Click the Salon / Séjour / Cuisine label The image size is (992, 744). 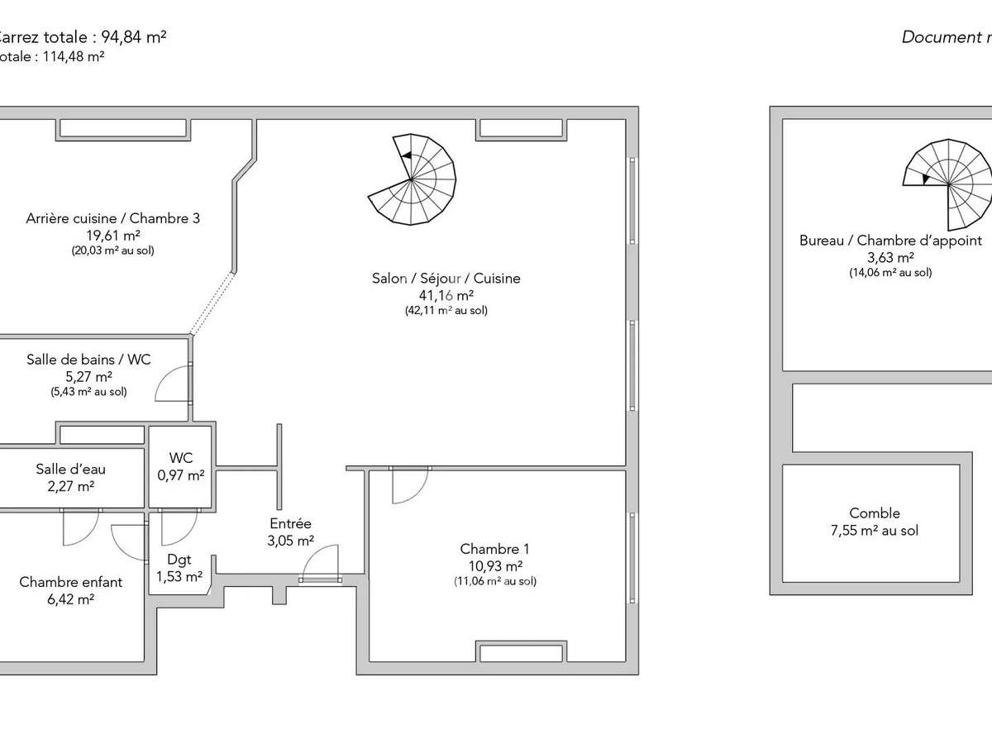446,279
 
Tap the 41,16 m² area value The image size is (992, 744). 446,295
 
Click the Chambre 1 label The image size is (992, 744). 494,549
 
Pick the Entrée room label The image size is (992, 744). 290,523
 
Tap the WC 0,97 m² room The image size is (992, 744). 180,467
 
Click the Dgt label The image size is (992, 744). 179,560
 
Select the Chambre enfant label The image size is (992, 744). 70,582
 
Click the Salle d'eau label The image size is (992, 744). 70,470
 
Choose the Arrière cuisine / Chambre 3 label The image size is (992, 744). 112,218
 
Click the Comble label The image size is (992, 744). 875,513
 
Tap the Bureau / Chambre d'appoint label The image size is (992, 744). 890,241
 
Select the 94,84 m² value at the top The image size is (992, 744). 134,36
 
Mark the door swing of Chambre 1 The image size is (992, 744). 409,485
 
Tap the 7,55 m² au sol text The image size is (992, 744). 875,531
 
